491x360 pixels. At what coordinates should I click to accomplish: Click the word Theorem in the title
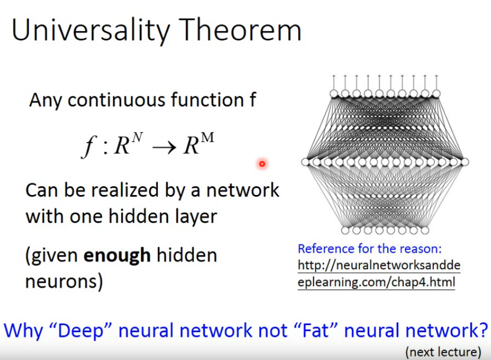click(x=240, y=30)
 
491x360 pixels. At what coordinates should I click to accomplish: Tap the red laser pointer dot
click(x=262, y=163)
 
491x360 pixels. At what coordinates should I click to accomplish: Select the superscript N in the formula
click(x=137, y=137)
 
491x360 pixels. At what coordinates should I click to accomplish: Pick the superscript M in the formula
click(x=208, y=137)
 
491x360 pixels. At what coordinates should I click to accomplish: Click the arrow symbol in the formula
click(x=164, y=147)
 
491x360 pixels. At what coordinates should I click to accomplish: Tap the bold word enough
click(x=117, y=256)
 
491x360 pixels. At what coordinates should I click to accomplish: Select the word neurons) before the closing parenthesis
click(x=64, y=282)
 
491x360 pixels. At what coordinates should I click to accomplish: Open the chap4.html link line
click(x=376, y=282)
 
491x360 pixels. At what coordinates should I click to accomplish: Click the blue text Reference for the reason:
click(x=369, y=249)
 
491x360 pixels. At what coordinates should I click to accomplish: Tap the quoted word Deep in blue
click(x=81, y=330)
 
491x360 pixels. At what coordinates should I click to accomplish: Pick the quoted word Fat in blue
click(x=316, y=330)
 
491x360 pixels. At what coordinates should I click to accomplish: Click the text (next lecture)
click(x=443, y=352)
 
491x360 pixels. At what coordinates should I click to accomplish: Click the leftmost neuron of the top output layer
click(x=334, y=94)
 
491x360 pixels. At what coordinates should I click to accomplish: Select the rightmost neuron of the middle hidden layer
click(x=465, y=162)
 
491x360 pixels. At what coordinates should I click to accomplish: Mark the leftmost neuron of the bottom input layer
click(x=345, y=230)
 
